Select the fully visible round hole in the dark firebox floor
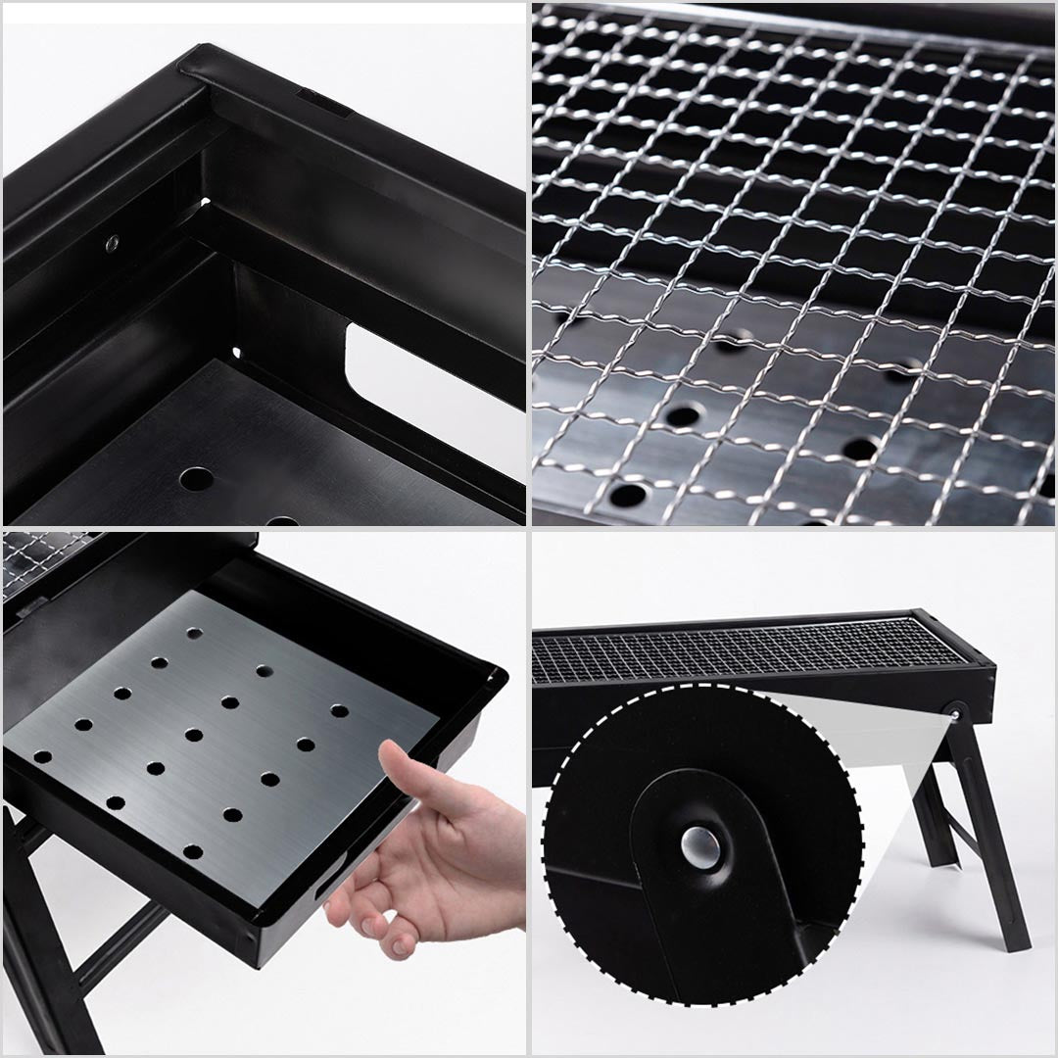pyautogui.click(x=195, y=480)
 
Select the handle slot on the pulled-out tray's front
pyautogui.click(x=322, y=887)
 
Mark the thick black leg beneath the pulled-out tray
pyautogui.click(x=39, y=931)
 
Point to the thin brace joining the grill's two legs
pyautogui.click(x=965, y=833)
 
